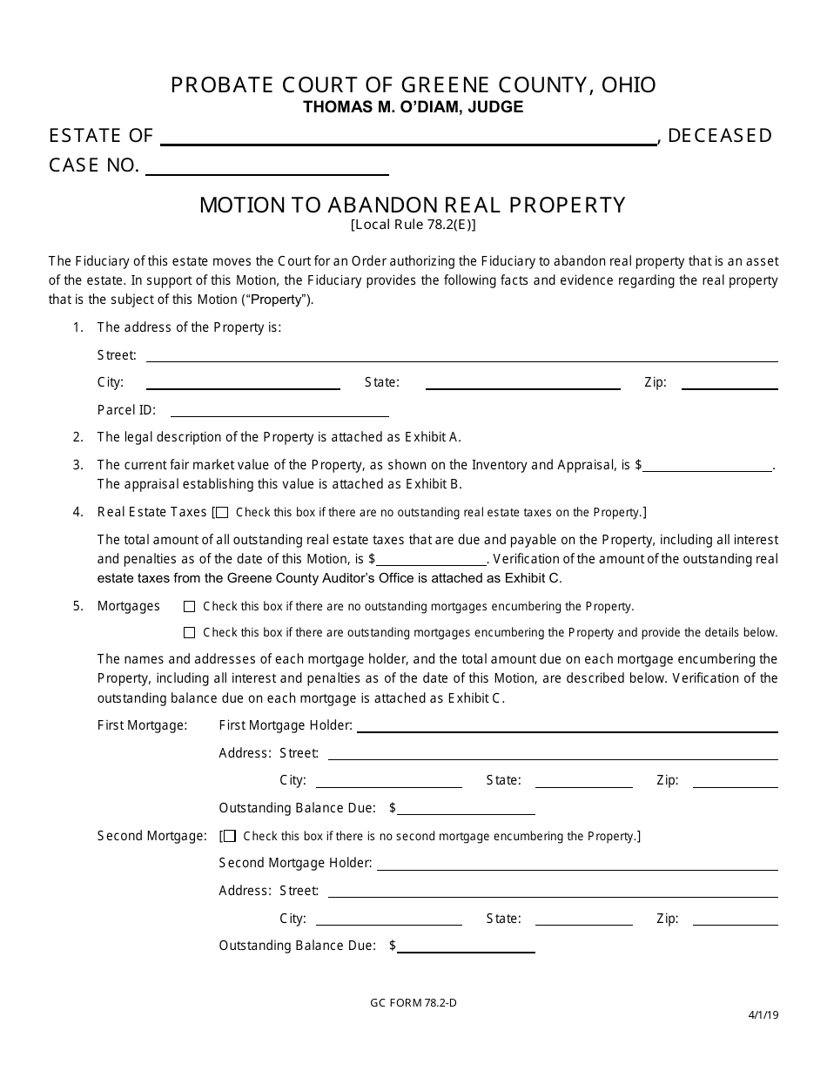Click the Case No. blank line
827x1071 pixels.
pos(266,168)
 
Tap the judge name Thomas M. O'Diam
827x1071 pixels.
pos(413,107)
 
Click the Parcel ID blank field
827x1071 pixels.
pos(279,410)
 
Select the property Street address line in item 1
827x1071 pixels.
pos(461,355)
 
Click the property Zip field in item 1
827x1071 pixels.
pos(729,383)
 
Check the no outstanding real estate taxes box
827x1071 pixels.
pos(222,513)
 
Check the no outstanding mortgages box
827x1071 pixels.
pos(190,606)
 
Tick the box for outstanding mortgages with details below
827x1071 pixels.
pos(190,632)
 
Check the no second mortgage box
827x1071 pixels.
pos(230,836)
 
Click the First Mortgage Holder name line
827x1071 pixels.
pos(567,726)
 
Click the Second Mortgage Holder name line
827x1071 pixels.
pos(576,864)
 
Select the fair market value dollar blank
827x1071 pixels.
pos(707,466)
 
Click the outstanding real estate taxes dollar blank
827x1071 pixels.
pos(431,560)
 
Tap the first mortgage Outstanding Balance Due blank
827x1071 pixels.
pos(466,809)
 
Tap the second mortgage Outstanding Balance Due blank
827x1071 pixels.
pos(466,946)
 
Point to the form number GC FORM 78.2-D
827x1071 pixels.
pos(413,1002)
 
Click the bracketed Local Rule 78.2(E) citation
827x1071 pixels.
pos(413,223)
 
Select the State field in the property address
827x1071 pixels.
pos(522,383)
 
